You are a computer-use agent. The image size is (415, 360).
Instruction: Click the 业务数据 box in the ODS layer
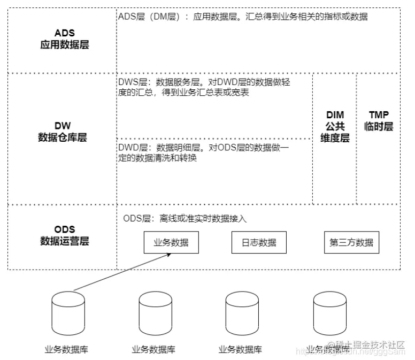171,242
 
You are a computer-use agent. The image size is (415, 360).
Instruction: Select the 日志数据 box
259,242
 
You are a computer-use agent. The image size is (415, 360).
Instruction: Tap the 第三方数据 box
351,242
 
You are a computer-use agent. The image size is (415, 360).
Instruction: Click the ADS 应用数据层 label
64,39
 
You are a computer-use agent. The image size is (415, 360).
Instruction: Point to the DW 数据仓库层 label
63,132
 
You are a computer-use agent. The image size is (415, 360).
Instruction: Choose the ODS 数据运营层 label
64,235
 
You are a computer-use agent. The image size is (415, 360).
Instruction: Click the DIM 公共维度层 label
335,126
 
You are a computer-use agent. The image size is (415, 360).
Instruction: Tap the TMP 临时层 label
379,121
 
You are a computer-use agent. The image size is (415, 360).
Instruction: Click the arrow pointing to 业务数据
122,272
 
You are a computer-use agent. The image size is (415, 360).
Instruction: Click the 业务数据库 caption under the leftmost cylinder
66,350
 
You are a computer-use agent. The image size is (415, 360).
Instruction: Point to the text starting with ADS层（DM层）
243,17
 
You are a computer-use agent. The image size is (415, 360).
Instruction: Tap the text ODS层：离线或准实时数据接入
185,218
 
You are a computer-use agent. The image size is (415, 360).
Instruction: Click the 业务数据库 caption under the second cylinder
153,350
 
